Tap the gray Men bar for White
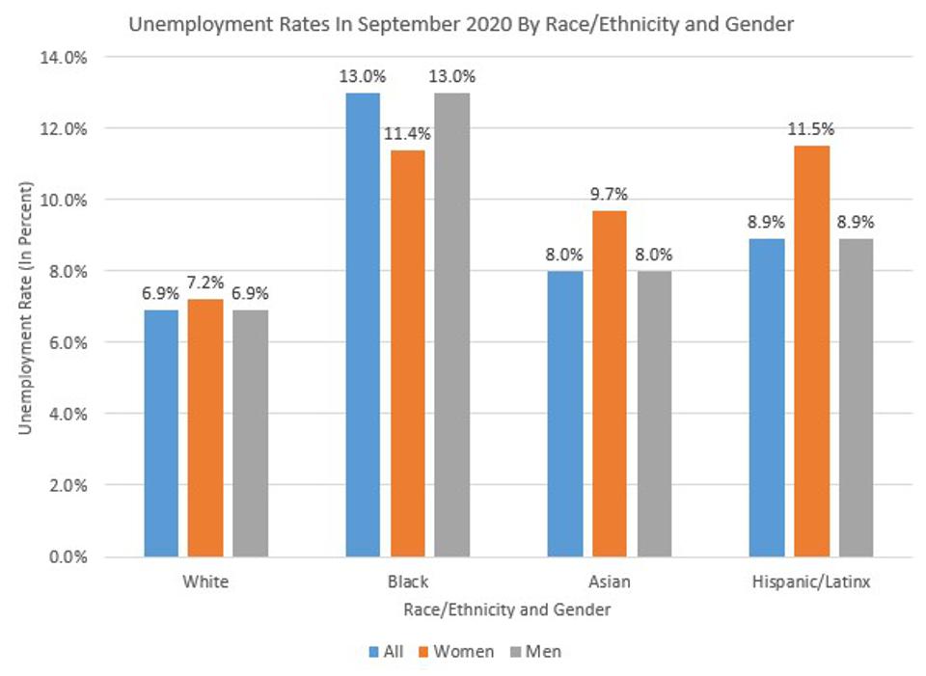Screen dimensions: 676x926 [x=250, y=433]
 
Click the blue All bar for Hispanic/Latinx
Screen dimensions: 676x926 [x=767, y=397]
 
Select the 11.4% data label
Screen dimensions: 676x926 [x=408, y=134]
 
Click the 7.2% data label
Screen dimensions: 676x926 [x=205, y=283]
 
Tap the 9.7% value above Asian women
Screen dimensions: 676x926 [x=609, y=194]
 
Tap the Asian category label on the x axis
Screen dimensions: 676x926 [x=609, y=582]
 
